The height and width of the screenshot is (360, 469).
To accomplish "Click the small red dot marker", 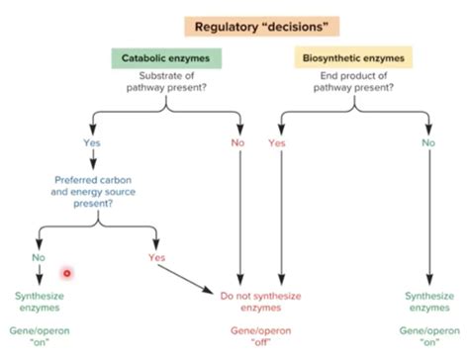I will (x=66, y=272).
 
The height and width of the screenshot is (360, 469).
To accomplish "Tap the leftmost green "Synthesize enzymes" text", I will (x=40, y=302).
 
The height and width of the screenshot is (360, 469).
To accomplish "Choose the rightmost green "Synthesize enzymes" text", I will (x=428, y=302).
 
